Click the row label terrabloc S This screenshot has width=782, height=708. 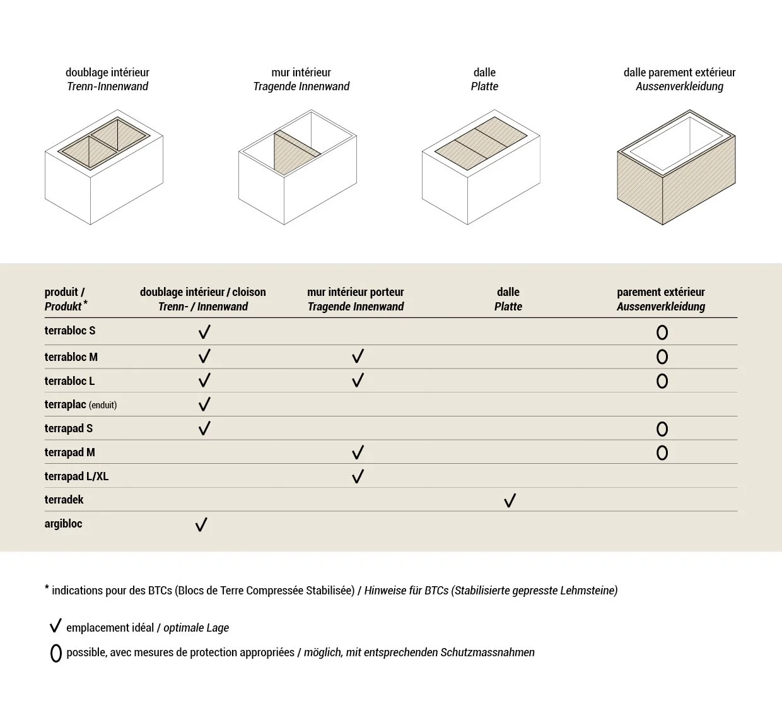pos(70,331)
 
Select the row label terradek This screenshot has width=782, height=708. pos(64,500)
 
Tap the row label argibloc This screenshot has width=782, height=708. pos(63,524)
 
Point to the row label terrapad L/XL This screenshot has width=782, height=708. pos(76,476)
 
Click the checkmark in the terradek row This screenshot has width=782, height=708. pos(510,500)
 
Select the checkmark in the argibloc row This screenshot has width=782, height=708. pos(201,524)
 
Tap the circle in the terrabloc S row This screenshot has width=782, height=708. pos(662,333)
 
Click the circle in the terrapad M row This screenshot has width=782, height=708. pos(662,452)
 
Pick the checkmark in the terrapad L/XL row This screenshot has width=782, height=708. pos(358,476)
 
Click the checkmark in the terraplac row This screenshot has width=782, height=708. pos(204,404)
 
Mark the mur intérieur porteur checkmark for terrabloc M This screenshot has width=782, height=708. pos(358,357)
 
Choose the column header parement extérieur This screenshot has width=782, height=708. pos(660,299)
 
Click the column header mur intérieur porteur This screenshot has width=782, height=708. pos(356,299)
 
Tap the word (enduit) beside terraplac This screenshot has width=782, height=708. pos(103,405)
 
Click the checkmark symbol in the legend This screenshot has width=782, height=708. pos(55,627)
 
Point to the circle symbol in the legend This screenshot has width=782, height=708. pos(55,653)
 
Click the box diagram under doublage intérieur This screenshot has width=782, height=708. pos(104,167)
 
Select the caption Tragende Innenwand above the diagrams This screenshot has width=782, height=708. pos(301,86)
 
